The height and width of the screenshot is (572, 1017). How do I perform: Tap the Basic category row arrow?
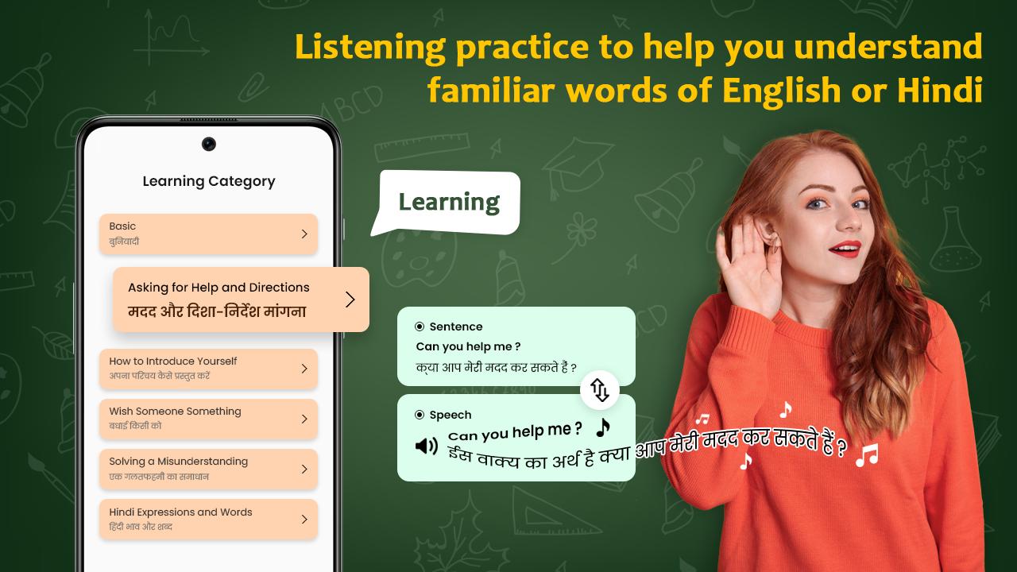coord(304,234)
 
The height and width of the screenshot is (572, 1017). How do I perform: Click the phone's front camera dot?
coord(209,144)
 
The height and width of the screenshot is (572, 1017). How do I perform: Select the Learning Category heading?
coord(209,181)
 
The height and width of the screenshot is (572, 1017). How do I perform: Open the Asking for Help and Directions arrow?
coord(350,300)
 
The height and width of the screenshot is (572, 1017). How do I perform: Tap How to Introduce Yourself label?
coord(173,361)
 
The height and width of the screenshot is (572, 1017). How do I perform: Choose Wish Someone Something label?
coord(175,411)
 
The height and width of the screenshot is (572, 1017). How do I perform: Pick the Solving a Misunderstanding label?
coord(179,462)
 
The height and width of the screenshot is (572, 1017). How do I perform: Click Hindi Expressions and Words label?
coord(180,512)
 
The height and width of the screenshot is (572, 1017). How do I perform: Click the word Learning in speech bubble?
coord(449,203)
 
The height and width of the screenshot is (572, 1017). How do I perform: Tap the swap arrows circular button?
coord(600,390)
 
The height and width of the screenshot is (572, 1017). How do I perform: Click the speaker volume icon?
coord(427,446)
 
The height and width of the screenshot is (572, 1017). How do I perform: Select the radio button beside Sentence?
coord(420,327)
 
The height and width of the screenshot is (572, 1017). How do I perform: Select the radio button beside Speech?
coord(420,415)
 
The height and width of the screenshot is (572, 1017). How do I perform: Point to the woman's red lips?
coord(845,249)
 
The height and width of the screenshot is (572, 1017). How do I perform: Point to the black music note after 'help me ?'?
coord(603,427)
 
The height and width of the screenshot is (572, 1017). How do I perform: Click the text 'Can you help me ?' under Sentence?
coord(468,346)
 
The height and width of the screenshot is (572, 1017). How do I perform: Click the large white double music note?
coord(867,455)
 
